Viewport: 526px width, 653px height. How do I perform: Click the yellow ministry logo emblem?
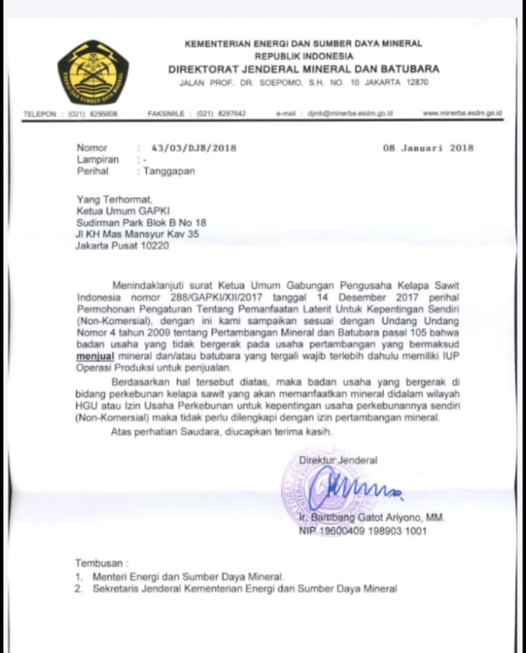[93, 73]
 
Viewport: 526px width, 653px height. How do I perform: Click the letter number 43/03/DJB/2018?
[194, 148]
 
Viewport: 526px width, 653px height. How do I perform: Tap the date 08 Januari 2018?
[428, 148]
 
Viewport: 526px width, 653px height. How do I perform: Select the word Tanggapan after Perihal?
[169, 171]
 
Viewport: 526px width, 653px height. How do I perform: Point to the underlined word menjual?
[94, 356]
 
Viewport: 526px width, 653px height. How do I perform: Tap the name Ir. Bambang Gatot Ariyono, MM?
[372, 518]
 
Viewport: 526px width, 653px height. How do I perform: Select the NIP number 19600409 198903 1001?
[373, 531]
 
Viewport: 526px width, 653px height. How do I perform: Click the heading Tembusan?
[99, 563]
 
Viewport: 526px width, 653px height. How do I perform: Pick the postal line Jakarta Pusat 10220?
[122, 246]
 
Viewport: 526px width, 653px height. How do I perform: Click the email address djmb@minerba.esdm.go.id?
[350, 113]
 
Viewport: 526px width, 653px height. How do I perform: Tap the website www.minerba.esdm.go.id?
[462, 113]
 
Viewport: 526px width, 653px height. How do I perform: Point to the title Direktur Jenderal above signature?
[338, 460]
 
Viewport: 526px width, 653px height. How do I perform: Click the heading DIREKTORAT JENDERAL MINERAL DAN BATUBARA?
[303, 69]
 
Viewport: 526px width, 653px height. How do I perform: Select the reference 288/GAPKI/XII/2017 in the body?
[216, 297]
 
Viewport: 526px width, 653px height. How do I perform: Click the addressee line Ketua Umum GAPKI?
[123, 211]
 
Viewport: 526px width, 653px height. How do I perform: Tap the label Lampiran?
[97, 160]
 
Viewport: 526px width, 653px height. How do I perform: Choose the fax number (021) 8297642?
[221, 114]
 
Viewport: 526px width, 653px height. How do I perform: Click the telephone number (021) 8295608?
[93, 114]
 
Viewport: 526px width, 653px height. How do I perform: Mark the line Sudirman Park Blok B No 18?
[141, 223]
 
